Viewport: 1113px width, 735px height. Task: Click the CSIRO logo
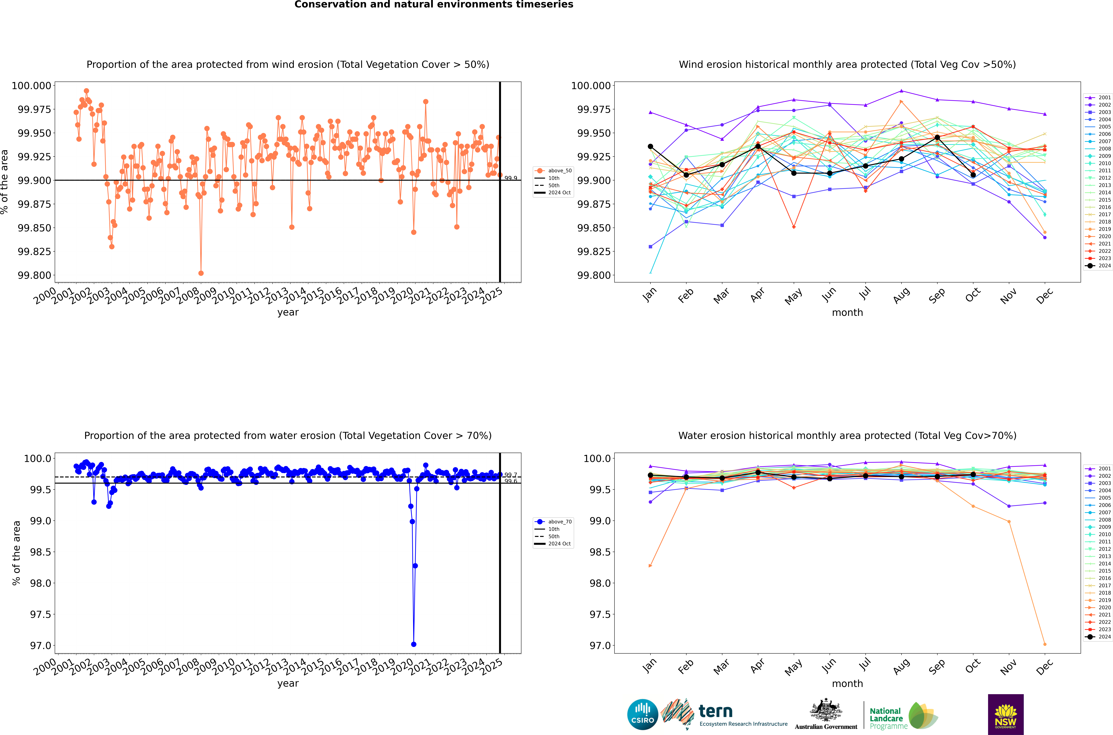642,714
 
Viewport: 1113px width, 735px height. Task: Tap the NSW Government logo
1006,714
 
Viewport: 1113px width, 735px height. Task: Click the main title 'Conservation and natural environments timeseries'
434,5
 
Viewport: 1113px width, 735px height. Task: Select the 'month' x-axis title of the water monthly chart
847,683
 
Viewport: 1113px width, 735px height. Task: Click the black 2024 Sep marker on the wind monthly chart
937,137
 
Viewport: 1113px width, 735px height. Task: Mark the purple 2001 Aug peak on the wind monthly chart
901,91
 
